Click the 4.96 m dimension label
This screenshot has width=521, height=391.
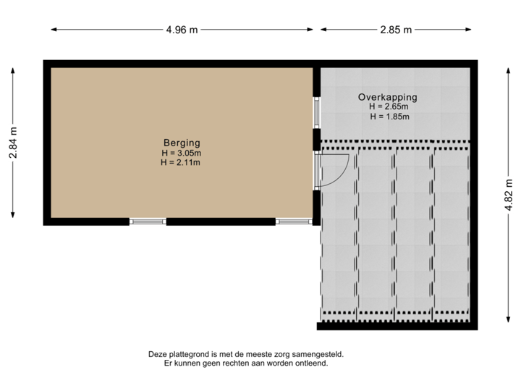point(182,30)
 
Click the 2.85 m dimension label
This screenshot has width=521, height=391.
point(396,30)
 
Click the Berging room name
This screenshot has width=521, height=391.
point(181,143)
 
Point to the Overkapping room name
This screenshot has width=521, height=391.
point(388,97)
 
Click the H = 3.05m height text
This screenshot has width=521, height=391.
point(181,153)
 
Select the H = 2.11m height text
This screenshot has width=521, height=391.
point(181,162)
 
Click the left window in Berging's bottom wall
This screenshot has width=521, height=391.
point(148,222)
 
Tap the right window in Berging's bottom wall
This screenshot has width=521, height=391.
point(294,222)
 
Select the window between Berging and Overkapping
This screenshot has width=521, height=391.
point(316,113)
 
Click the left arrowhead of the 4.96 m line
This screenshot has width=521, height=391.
point(53,30)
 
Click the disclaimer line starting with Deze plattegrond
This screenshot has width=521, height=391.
point(245,354)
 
